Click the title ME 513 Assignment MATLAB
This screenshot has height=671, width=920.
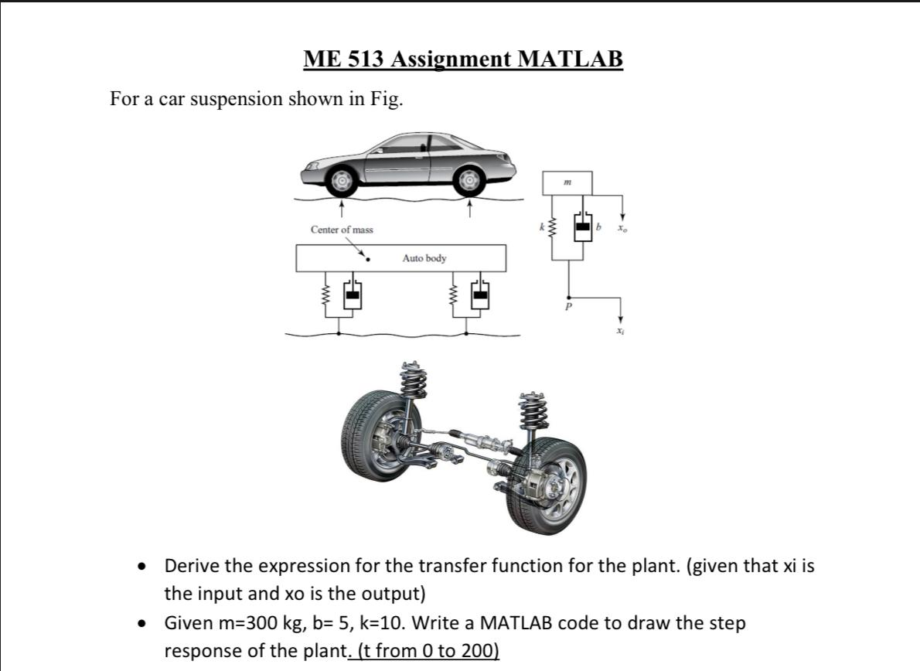point(462,59)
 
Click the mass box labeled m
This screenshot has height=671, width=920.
point(568,182)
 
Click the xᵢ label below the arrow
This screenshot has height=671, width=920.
point(619,330)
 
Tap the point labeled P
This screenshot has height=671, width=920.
point(569,306)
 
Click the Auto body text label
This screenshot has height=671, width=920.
point(424,258)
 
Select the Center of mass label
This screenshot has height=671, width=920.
point(341,230)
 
